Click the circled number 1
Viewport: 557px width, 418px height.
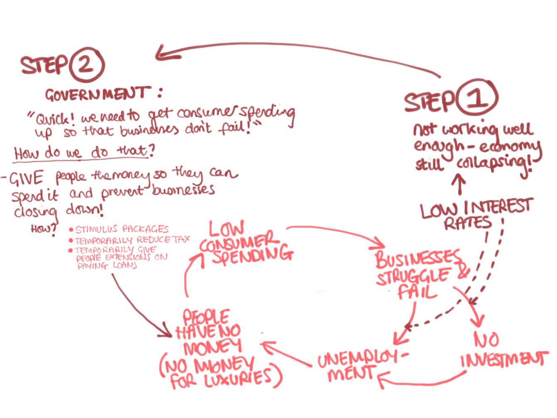pyautogui.click(x=477, y=98)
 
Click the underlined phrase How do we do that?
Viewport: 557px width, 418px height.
pyautogui.click(x=81, y=153)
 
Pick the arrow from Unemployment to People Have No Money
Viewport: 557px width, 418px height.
pyautogui.click(x=286, y=355)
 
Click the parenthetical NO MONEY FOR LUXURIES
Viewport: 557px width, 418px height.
pyautogui.click(x=220, y=373)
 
